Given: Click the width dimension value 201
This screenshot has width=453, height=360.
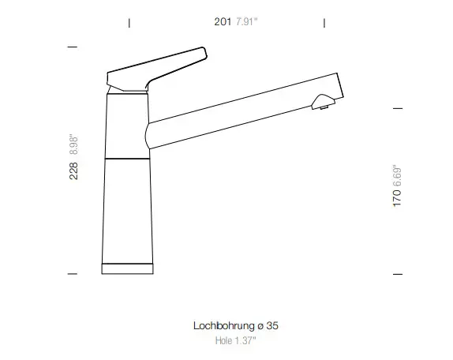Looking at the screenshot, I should (x=222, y=22).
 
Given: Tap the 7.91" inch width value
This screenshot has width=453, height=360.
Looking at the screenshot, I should (x=248, y=22).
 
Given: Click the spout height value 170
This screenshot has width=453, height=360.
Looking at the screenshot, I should (x=398, y=198).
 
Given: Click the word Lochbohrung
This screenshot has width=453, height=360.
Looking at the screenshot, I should (x=220, y=325).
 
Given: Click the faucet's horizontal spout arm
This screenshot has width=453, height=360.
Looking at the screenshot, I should (x=237, y=111).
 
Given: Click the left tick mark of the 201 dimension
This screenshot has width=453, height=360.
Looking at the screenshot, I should (x=129, y=22).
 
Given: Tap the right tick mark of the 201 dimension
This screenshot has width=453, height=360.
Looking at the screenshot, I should (x=326, y=22).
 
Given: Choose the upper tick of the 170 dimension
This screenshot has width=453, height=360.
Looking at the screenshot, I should (x=398, y=107).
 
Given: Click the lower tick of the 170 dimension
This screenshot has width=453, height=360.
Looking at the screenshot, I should (x=398, y=274).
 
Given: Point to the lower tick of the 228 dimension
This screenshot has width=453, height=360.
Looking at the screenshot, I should (x=73, y=274).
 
